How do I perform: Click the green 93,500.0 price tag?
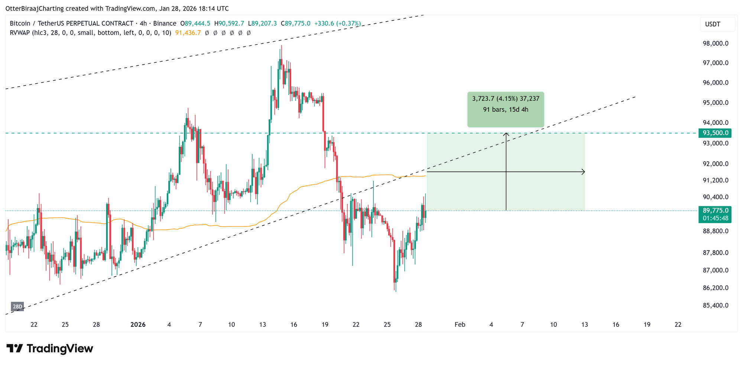(715, 133)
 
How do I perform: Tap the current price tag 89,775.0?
(715, 210)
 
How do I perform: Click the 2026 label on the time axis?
(138, 324)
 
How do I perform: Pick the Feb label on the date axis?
(460, 324)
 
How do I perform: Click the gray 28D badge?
(17, 307)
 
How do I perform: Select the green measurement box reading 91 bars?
(506, 109)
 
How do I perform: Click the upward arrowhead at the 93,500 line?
(506, 135)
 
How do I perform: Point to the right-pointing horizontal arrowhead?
(583, 172)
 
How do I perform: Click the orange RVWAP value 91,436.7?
(188, 33)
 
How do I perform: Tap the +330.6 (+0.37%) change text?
(337, 23)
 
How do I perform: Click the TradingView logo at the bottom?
(50, 349)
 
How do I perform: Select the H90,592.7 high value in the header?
(229, 23)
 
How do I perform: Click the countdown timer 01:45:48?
(715, 218)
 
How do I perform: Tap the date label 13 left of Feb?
(263, 324)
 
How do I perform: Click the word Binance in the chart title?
(165, 23)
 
